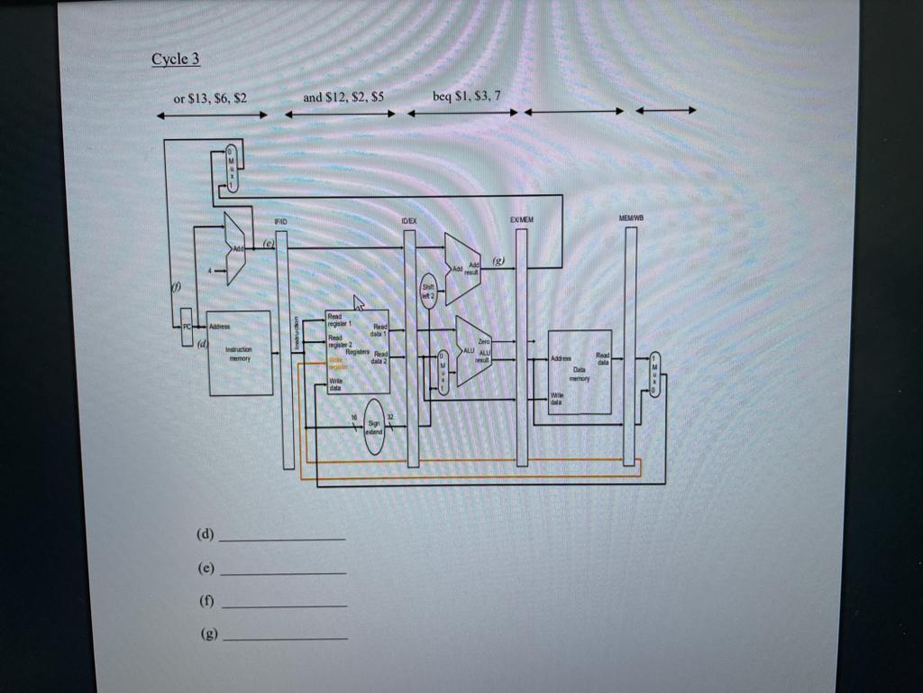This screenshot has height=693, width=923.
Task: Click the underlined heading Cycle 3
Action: coord(175,60)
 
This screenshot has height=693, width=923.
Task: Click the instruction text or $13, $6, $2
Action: coord(210,97)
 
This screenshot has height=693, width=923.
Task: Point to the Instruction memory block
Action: coord(239,354)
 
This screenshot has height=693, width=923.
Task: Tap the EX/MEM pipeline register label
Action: coord(521,219)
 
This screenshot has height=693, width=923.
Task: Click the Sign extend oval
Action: coord(374,428)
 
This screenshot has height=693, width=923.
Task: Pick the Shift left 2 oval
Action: coord(429,290)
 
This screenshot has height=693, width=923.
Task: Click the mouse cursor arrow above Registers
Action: coord(358,302)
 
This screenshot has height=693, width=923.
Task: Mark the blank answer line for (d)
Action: coord(282,537)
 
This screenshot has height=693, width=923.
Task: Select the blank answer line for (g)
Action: coord(285,637)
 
